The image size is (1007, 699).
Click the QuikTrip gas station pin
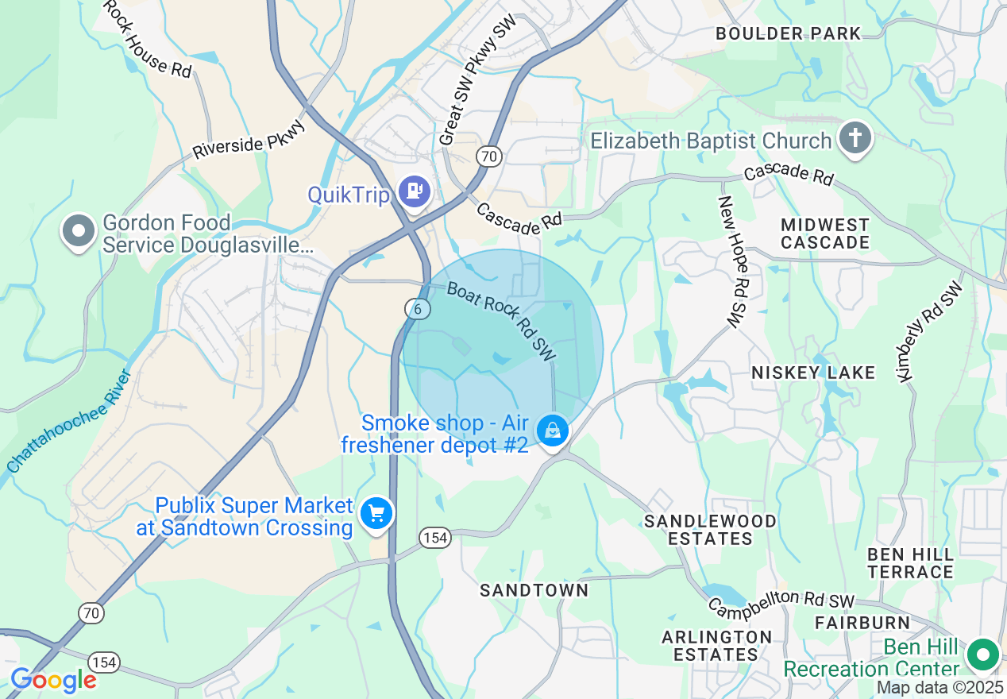point(414,191)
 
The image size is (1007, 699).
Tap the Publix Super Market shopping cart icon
point(376,513)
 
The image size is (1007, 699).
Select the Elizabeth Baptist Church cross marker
point(855,138)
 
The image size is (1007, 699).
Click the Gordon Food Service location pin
point(79,231)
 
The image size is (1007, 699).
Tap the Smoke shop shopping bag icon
point(552,431)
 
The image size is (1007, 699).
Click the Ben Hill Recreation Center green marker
point(983,656)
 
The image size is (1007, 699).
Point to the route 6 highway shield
point(417,309)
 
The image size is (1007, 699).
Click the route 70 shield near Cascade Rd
point(488,156)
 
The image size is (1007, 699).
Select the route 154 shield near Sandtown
point(435,538)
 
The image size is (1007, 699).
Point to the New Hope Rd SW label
point(734,262)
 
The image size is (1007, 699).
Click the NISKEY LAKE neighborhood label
point(813,373)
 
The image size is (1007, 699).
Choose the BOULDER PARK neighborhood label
point(788,33)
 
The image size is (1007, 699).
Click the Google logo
point(53,680)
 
